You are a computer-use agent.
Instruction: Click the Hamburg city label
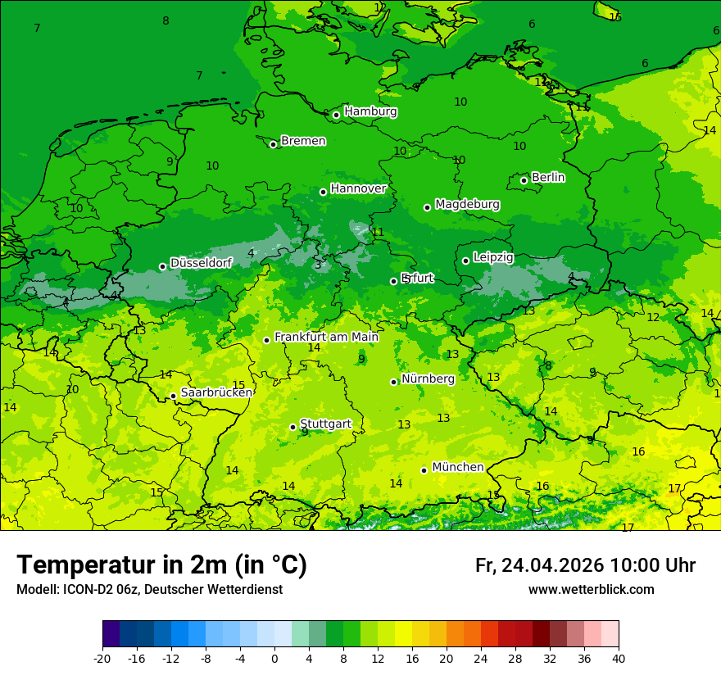click(x=370, y=111)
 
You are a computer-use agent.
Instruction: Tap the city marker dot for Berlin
click(x=524, y=180)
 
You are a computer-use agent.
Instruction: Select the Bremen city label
click(x=303, y=141)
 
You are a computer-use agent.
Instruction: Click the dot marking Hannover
click(x=324, y=192)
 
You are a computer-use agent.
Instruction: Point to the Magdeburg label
click(x=467, y=204)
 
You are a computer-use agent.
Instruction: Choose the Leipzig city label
click(x=493, y=257)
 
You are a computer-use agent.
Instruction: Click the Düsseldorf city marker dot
click(x=163, y=266)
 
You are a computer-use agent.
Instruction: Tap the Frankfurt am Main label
click(x=326, y=337)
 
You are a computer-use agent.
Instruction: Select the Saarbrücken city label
click(x=216, y=392)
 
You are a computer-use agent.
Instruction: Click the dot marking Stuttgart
click(x=292, y=427)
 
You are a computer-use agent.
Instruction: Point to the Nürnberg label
click(x=428, y=379)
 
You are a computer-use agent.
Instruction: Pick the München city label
click(x=458, y=467)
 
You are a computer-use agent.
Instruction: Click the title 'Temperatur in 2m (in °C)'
click(x=161, y=565)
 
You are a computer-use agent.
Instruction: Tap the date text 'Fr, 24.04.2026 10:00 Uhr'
click(x=585, y=566)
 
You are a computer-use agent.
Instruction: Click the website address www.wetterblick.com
click(x=591, y=590)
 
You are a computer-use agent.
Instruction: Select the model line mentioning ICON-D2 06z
click(x=149, y=590)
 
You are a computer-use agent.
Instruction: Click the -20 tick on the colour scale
click(x=102, y=659)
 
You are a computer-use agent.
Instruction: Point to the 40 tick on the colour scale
click(x=618, y=659)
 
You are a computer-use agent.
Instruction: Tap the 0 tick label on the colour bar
click(x=274, y=659)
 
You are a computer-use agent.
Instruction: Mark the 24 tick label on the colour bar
click(x=481, y=659)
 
